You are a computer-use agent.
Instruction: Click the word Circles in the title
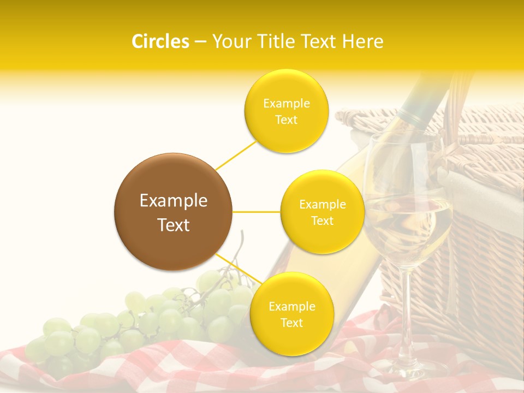pyautogui.click(x=160, y=41)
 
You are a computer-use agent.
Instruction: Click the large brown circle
pyautogui.click(x=173, y=212)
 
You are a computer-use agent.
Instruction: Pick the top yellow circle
pyautogui.click(x=286, y=111)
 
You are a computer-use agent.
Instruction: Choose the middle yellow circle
pyautogui.click(x=322, y=212)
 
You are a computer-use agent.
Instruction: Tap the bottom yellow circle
pyautogui.click(x=291, y=314)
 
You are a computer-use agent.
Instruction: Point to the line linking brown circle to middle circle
pyautogui.click(x=257, y=212)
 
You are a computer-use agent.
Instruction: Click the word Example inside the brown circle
pyautogui.click(x=173, y=201)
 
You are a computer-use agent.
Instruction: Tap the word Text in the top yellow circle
pyautogui.click(x=286, y=120)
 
